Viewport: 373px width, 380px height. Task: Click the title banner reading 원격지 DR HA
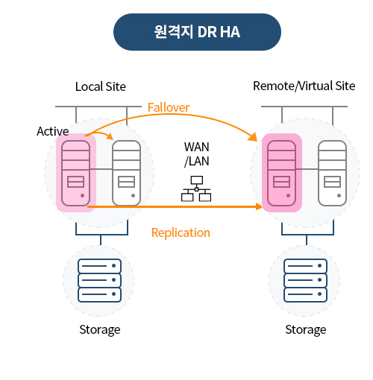[197, 32]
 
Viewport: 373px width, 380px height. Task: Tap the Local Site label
[101, 86]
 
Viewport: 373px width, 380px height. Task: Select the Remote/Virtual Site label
[304, 86]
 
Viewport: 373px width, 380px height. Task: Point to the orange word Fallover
[169, 107]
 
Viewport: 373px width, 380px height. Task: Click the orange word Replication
[181, 233]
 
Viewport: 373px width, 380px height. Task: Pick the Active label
[53, 131]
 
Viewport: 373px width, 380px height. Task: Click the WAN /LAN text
[196, 154]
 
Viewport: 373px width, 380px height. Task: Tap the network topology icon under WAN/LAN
[196, 189]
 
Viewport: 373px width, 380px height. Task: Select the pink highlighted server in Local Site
[75, 173]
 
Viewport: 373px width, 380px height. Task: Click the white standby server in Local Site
[126, 173]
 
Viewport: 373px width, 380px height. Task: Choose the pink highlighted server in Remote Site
[281, 173]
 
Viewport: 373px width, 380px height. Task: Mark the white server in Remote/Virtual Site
[332, 173]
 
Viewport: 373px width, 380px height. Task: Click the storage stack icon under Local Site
[99, 280]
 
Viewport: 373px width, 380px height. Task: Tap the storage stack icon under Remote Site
[305, 280]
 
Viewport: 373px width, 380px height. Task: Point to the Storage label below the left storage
[100, 330]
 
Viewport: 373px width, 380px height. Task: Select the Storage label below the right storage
[306, 330]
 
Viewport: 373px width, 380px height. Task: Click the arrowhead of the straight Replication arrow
[259, 206]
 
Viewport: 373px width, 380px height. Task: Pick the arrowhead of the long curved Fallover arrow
[253, 137]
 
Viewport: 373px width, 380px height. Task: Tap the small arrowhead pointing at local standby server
[110, 136]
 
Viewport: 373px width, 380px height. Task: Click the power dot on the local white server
[133, 196]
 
